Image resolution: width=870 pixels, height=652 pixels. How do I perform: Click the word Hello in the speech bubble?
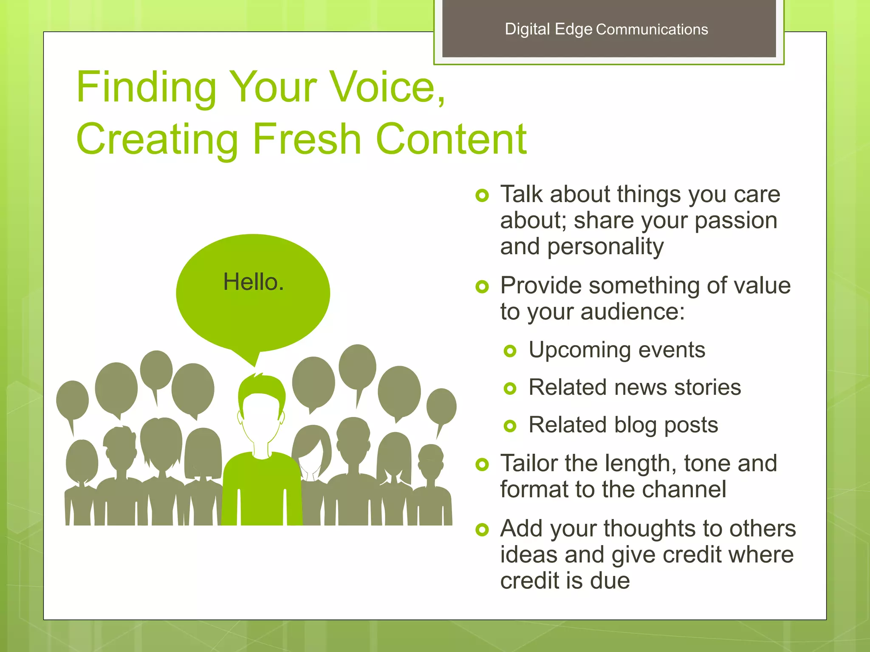[x=253, y=282]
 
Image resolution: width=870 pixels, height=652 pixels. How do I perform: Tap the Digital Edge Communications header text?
[x=606, y=29]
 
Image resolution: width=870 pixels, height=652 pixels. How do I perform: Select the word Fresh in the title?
[x=307, y=139]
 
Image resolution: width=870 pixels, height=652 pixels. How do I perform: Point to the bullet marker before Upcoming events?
[x=510, y=351]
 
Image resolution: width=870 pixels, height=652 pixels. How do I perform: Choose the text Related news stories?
[x=635, y=387]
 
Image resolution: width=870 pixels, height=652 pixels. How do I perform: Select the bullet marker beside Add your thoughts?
[x=482, y=529]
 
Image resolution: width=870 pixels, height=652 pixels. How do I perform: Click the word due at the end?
[x=610, y=581]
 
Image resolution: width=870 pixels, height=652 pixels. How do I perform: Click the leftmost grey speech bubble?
[x=73, y=400]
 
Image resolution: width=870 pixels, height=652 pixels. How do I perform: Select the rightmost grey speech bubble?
[x=441, y=406]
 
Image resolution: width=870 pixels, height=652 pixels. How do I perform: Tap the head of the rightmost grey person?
[x=430, y=460]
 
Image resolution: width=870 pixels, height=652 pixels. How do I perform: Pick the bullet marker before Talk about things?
[x=482, y=196]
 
